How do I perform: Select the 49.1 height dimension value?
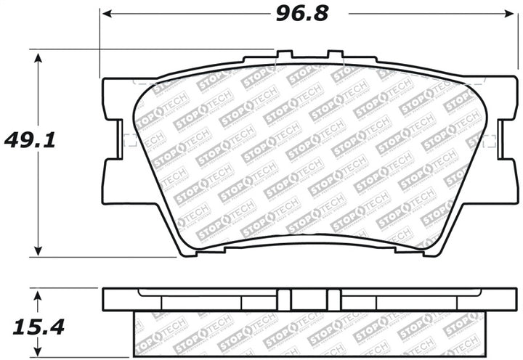tap(20, 139)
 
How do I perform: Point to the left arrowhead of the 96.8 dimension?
tap(105, 14)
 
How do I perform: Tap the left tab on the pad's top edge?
tap(285, 55)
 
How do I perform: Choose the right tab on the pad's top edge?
tap(335, 55)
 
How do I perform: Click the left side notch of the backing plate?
tap(113, 139)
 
